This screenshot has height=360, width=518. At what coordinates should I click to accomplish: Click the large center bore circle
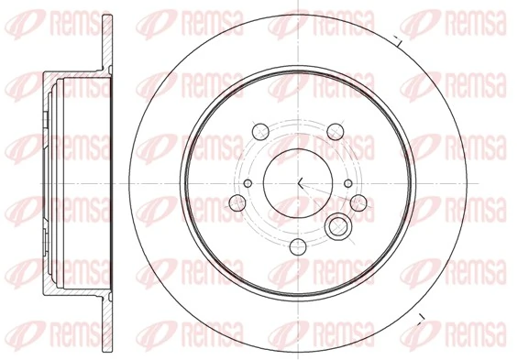pos(299,179)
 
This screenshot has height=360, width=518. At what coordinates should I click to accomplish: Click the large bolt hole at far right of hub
pos(360,202)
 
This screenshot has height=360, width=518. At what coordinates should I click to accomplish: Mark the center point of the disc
pos(299,180)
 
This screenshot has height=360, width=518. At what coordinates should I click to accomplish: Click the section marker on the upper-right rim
pos(398,39)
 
